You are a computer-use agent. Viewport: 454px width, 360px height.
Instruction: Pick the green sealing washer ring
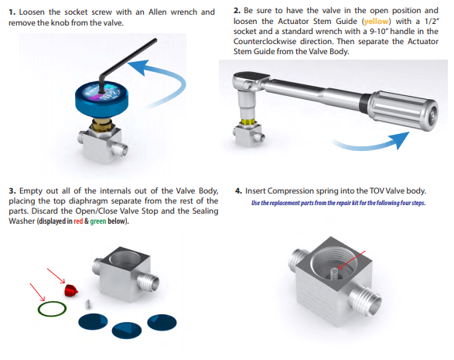point(51,307)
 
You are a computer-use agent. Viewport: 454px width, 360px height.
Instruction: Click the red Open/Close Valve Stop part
point(70,290)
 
